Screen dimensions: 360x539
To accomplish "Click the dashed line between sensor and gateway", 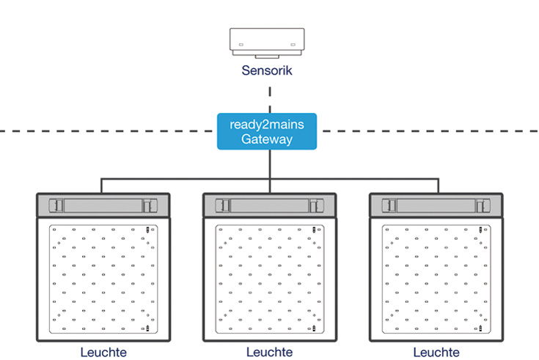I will click(270, 99).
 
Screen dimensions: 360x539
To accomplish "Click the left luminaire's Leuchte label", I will click(103, 352).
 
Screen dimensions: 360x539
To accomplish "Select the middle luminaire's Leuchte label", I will click(269, 352).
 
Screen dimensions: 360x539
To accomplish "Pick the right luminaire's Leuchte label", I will click(436, 352).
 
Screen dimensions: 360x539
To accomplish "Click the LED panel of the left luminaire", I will click(103, 279).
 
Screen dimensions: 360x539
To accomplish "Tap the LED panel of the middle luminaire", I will click(269, 279).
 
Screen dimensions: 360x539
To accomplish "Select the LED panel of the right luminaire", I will click(436, 279).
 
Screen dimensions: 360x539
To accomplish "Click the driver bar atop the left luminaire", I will click(103, 205).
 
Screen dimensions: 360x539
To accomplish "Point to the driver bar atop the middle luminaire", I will click(269, 205).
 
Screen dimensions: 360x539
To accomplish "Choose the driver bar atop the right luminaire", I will click(436, 205).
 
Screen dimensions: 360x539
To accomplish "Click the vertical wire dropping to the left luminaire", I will click(102, 185).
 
